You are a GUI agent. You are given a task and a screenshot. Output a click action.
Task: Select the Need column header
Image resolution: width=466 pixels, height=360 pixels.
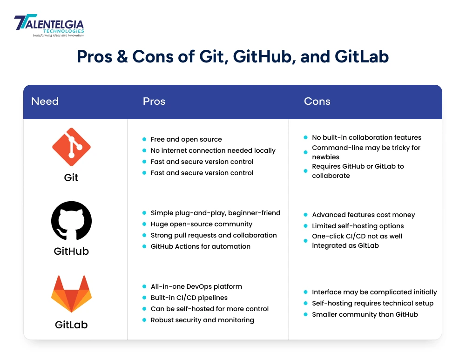tap(45, 102)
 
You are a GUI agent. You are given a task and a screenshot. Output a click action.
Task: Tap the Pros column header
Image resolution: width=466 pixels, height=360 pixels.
tap(154, 102)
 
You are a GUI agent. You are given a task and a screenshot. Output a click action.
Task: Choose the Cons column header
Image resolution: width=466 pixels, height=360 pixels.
tap(317, 102)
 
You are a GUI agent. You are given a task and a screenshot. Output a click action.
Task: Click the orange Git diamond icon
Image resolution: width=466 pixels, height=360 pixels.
tap(71, 147)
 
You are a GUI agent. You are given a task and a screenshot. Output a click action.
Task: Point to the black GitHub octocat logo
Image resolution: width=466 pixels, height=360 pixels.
tap(71, 221)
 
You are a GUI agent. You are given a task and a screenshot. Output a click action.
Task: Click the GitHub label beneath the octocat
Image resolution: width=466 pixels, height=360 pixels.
tap(71, 251)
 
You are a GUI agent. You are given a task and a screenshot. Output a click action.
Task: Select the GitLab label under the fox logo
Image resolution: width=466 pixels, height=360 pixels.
tap(71, 324)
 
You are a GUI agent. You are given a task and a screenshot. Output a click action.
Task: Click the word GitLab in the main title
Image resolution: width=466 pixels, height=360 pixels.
tap(362, 57)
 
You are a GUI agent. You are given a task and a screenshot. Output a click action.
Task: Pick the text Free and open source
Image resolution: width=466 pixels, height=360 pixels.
tap(186, 139)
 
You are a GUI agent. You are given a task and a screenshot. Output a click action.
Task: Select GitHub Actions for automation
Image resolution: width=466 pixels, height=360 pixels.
tap(200, 246)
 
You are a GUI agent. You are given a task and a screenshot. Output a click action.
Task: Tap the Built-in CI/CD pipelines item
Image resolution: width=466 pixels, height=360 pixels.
tap(189, 298)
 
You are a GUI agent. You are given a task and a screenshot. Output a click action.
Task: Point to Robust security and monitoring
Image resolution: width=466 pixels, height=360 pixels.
tap(202, 320)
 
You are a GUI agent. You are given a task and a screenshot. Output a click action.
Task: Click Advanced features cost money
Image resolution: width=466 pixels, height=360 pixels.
tap(363, 215)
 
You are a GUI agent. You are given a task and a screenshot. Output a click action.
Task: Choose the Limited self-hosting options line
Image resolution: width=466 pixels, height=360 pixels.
tap(358, 226)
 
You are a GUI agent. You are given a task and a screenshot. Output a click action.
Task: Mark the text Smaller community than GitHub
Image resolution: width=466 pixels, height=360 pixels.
tap(365, 314)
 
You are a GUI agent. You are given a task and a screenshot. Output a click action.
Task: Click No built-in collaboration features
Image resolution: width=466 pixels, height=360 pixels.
tap(366, 137)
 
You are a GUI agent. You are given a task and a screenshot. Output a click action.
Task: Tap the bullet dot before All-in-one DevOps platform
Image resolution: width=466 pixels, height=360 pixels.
tap(144, 286)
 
